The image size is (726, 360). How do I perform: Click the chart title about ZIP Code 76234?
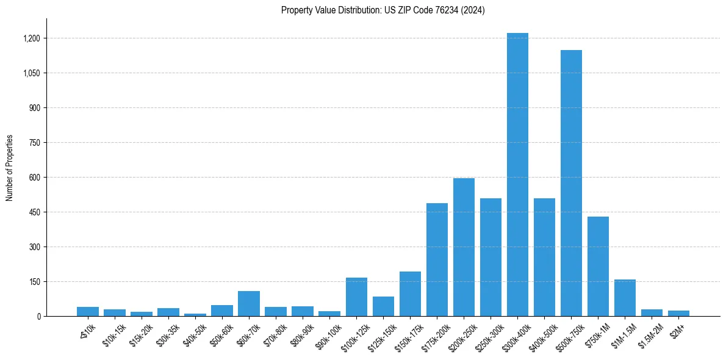tap(383, 10)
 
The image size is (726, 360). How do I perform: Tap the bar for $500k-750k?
tap(571, 183)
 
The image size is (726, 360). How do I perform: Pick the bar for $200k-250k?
tap(464, 247)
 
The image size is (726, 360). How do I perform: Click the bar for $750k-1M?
tap(598, 266)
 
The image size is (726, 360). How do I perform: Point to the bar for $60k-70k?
tap(249, 303)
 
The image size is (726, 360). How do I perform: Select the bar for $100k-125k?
tap(356, 297)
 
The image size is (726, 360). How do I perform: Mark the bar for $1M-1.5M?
tap(625, 298)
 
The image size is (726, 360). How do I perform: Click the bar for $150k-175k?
tap(410, 293)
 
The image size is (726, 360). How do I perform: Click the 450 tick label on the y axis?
tap(34, 212)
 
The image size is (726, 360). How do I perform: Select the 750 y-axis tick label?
tap(34, 143)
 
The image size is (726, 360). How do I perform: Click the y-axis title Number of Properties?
tap(10, 167)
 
